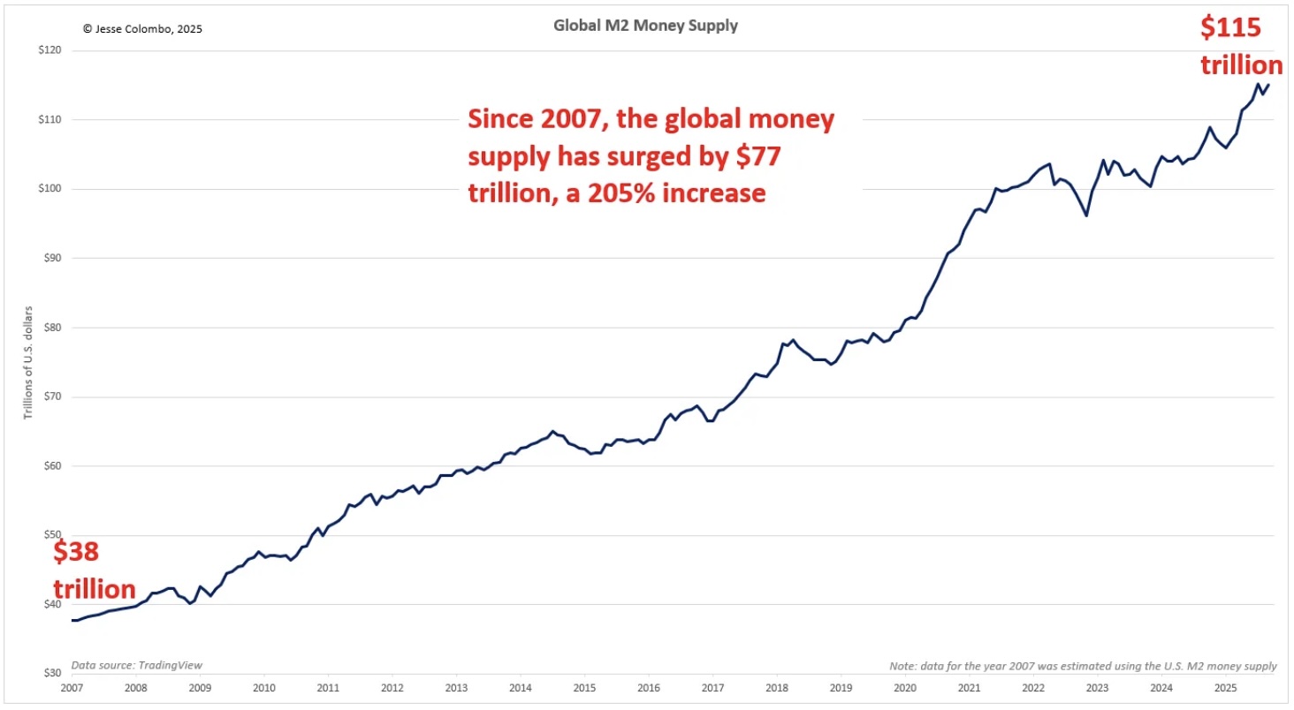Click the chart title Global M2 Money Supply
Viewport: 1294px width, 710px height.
click(x=645, y=26)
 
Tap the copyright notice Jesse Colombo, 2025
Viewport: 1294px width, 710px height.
click(x=142, y=28)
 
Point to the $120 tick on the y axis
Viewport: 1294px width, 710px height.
click(x=49, y=50)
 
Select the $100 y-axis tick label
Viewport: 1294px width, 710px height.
click(x=49, y=189)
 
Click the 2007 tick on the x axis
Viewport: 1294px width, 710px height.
click(x=72, y=688)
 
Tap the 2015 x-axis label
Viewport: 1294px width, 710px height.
click(x=583, y=688)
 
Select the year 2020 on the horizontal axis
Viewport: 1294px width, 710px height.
click(x=904, y=688)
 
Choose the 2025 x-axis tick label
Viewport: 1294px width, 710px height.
click(x=1224, y=688)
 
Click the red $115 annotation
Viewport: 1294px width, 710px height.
click(x=1230, y=28)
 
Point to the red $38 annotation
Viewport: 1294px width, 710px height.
click(x=76, y=553)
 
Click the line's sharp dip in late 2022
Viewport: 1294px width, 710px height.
click(x=1085, y=215)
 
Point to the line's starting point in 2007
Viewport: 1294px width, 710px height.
click(x=72, y=620)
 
